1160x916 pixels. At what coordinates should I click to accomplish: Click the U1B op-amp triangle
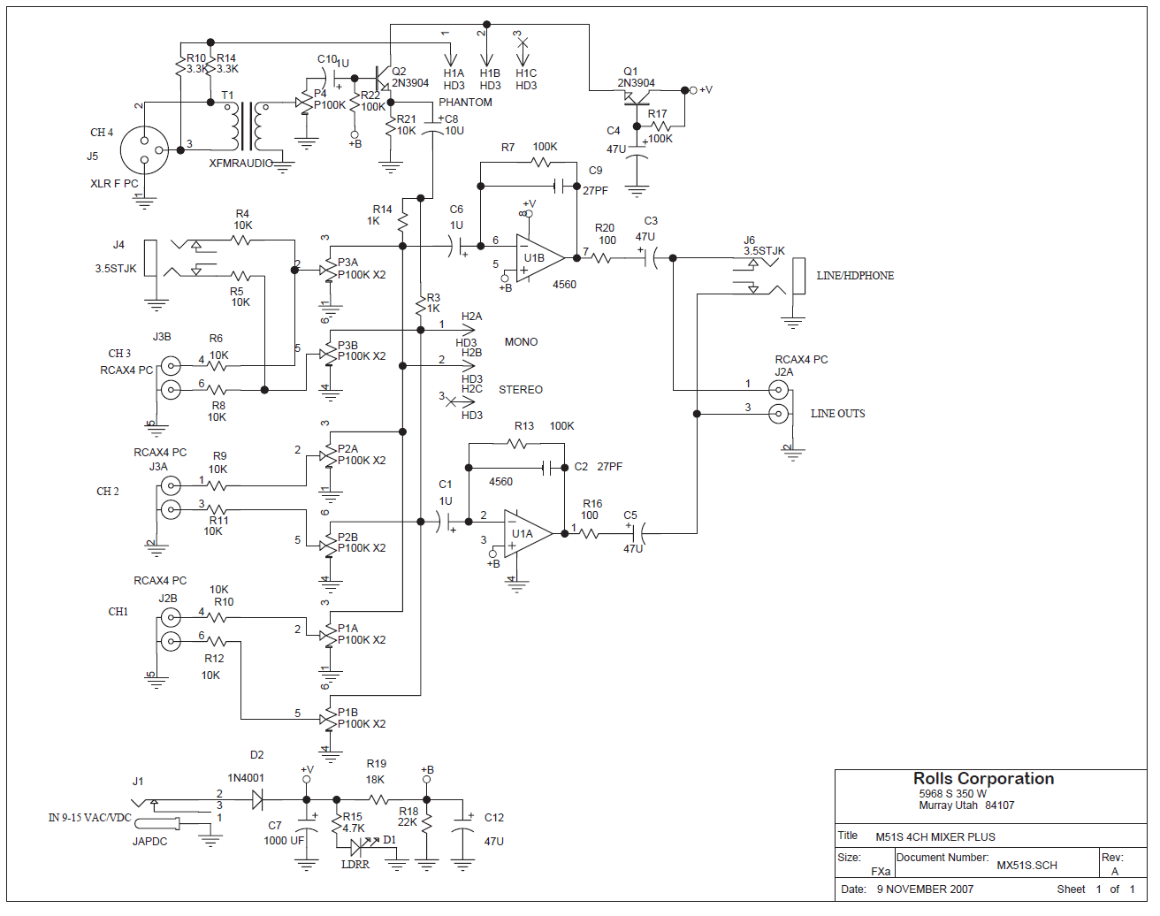pyautogui.click(x=539, y=258)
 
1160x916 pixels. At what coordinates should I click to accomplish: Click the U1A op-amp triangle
pyautogui.click(x=528, y=534)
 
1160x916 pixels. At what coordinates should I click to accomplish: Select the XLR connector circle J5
pyautogui.click(x=144, y=150)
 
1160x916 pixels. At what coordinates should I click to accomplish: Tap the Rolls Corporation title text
pyautogui.click(x=983, y=779)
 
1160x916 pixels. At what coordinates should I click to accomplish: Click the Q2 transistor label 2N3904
pyautogui.click(x=410, y=83)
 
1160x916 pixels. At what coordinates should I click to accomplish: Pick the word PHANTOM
pyautogui.click(x=465, y=103)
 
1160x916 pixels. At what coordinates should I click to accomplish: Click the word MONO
pyautogui.click(x=521, y=342)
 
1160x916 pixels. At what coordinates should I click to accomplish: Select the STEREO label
pyautogui.click(x=520, y=389)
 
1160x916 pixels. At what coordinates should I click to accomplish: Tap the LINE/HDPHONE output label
pyautogui.click(x=855, y=276)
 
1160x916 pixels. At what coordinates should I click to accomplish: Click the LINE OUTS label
pyautogui.click(x=837, y=414)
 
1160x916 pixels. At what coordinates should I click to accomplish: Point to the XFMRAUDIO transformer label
pyautogui.click(x=241, y=164)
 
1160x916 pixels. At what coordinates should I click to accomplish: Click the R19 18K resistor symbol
pyautogui.click(x=379, y=799)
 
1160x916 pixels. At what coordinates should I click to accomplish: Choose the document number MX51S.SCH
pyautogui.click(x=1026, y=866)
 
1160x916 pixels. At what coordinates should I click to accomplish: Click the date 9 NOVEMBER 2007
pyautogui.click(x=925, y=889)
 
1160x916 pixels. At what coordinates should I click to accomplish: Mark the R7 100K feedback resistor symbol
pyautogui.click(x=540, y=163)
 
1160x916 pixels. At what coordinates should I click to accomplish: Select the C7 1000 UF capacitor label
pyautogui.click(x=284, y=834)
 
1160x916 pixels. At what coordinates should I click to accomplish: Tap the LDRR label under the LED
pyautogui.click(x=355, y=864)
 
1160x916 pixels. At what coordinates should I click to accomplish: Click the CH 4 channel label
pyautogui.click(x=102, y=132)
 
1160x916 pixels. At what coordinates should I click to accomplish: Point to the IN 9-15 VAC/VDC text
pyautogui.click(x=89, y=817)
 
